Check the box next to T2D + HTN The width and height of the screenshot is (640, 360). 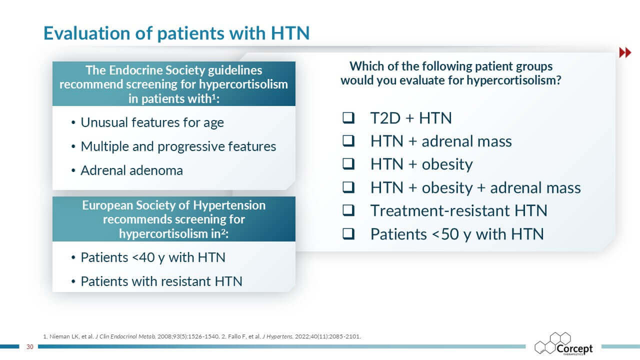tap(348, 117)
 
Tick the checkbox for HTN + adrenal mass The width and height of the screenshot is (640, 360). tap(348, 141)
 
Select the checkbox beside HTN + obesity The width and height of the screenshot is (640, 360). tap(348, 164)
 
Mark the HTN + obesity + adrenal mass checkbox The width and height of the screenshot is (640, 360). tap(348, 187)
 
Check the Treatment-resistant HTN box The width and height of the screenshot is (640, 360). tap(348, 210)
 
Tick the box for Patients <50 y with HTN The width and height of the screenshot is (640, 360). tap(348, 233)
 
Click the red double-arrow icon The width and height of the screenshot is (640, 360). tap(625, 52)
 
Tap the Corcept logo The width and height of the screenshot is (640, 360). tap(563, 344)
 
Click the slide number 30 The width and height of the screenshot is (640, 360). tap(29, 347)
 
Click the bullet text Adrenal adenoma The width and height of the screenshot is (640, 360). tap(131, 170)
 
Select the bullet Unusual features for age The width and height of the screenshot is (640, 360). tap(152, 123)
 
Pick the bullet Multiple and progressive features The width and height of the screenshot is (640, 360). tap(178, 147)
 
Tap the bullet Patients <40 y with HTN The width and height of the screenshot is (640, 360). tap(153, 257)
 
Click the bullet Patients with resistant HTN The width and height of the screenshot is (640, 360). tap(161, 281)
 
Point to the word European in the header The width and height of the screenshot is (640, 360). tap(107, 205)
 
